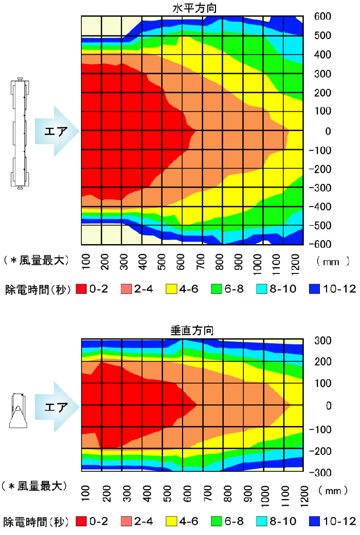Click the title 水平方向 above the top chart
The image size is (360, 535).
pos(192,7)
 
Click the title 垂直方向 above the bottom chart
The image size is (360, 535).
pos(192,330)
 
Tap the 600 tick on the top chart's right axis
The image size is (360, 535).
pos(322,16)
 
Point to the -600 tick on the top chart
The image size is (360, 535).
pos(320,244)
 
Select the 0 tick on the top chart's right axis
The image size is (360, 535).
pos(327,131)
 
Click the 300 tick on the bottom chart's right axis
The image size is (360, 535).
pos(322,340)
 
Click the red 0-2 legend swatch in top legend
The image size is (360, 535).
pos(81,289)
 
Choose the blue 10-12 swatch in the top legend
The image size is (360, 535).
pos(315,289)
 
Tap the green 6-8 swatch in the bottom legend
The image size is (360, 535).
pos(218,521)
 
